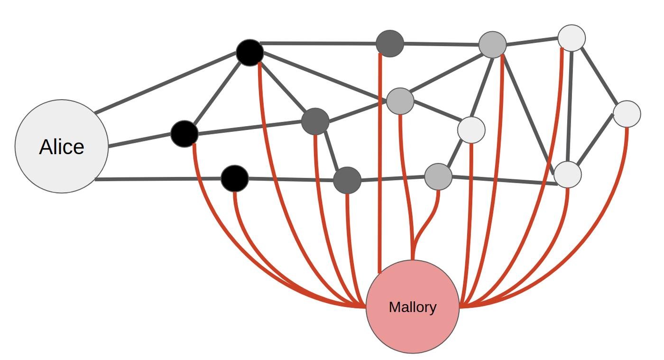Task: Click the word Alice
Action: point(62,147)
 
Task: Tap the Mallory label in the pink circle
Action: point(412,307)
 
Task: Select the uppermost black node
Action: point(250,53)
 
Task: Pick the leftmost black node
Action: point(184,134)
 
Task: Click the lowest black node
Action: point(235,179)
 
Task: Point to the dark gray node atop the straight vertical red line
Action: point(390,44)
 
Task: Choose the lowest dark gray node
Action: point(347,180)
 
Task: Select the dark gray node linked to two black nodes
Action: point(315,121)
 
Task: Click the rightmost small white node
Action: point(627,114)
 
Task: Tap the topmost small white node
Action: point(572,38)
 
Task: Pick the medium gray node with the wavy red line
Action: point(438,177)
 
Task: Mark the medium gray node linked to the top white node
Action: point(493,45)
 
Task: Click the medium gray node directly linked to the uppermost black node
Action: point(400,101)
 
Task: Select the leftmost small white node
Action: point(471,129)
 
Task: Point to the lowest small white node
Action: point(568,175)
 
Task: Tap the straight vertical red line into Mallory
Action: point(380,166)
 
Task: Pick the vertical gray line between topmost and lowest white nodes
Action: point(570,107)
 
